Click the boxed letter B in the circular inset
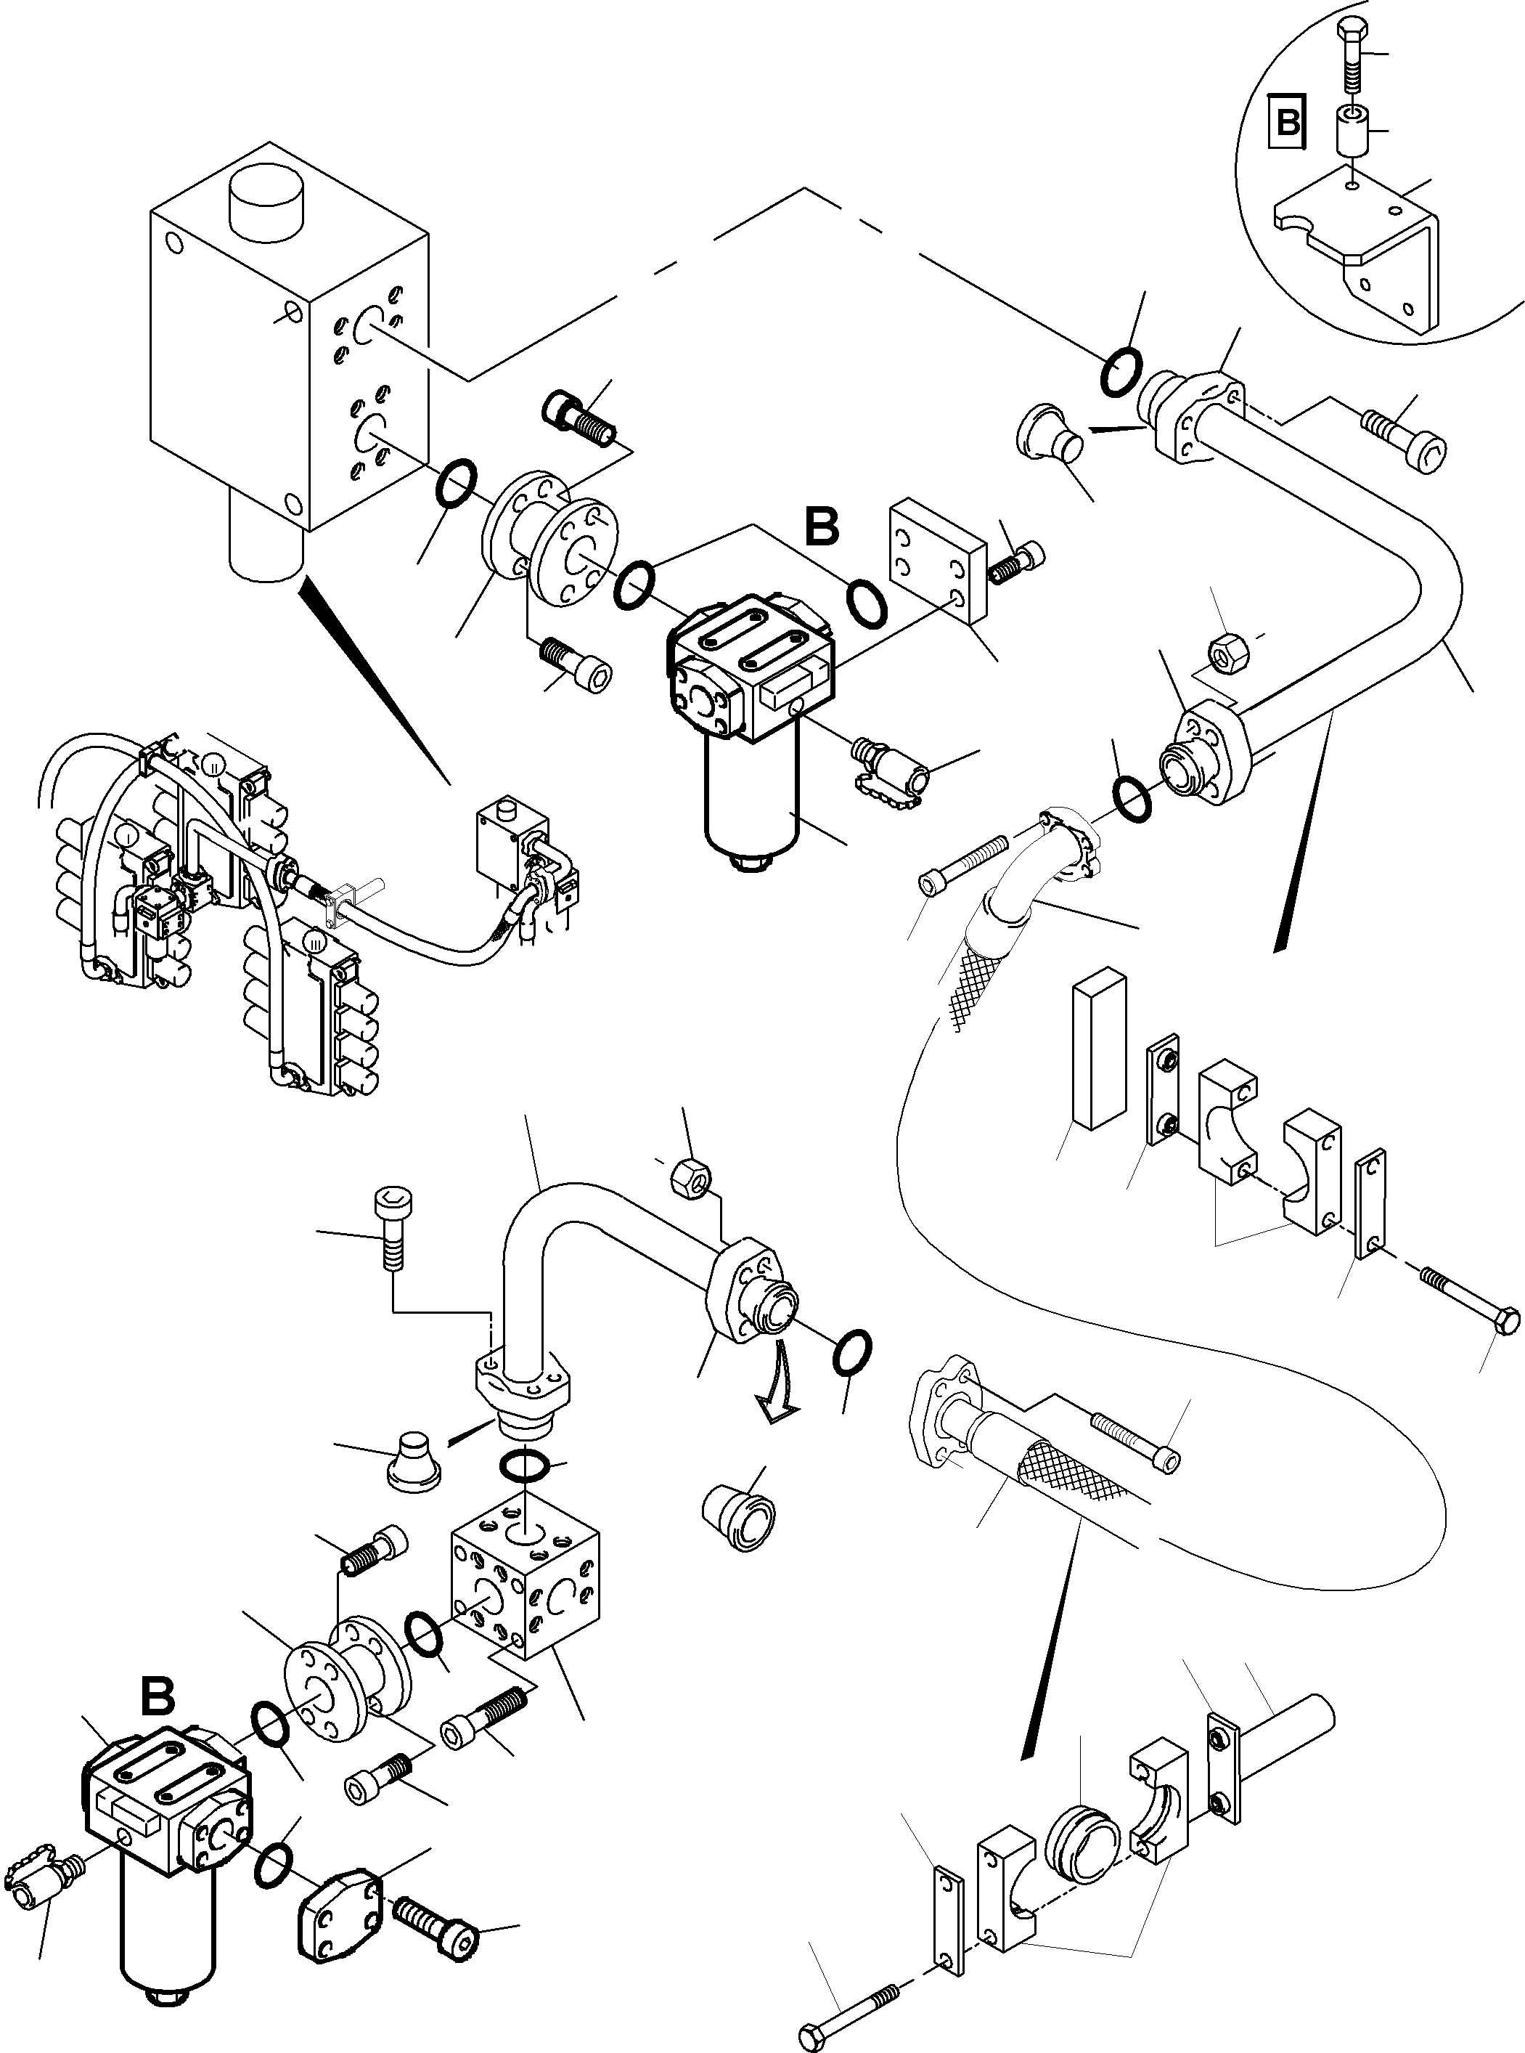(1288, 121)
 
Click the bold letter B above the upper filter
(821, 527)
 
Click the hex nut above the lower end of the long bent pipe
(1226, 656)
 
